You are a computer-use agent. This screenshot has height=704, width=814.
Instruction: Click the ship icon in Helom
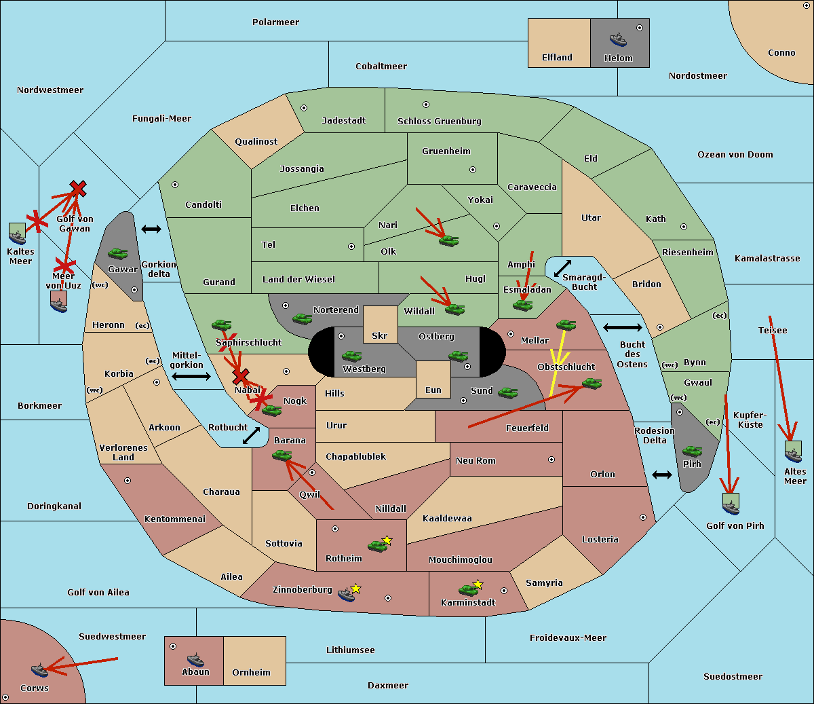click(x=618, y=39)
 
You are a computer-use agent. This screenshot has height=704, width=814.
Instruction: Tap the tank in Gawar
click(x=118, y=253)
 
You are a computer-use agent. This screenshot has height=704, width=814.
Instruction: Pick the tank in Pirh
click(x=692, y=451)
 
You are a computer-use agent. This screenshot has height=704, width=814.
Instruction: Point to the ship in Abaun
click(x=195, y=659)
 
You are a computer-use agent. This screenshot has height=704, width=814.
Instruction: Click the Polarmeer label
click(x=275, y=22)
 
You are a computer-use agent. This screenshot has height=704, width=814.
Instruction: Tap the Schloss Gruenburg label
click(x=440, y=121)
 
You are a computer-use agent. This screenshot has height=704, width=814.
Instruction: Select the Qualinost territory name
click(x=256, y=141)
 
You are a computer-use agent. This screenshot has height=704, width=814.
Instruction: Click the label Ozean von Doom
click(x=735, y=155)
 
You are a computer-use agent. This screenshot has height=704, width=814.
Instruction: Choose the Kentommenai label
click(x=175, y=519)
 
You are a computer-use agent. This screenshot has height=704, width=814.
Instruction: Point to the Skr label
click(x=380, y=335)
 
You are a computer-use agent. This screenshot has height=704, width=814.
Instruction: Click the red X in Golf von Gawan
click(x=78, y=189)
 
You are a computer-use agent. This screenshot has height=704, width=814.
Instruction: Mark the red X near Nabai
click(x=240, y=376)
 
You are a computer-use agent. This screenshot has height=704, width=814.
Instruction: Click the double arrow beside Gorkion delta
click(x=151, y=229)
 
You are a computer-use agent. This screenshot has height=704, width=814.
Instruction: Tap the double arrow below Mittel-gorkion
click(x=191, y=376)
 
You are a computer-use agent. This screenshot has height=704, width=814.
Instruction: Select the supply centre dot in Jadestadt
click(x=304, y=108)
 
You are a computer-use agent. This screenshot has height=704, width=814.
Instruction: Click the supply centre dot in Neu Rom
click(x=551, y=460)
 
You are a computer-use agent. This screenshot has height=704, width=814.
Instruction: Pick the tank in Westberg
click(x=351, y=356)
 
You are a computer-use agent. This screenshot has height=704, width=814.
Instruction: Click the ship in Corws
click(x=39, y=670)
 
